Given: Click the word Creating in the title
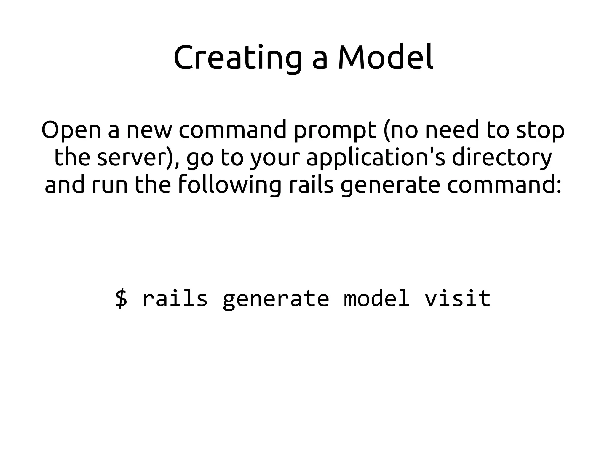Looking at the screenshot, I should click(x=237, y=58).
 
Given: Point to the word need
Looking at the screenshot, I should click(x=452, y=130).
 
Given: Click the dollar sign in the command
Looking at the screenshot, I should click(x=121, y=298).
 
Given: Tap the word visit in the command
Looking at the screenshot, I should click(x=458, y=298).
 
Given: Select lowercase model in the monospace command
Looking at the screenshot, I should click(x=377, y=298).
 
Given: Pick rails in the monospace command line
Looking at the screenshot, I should click(x=175, y=298).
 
